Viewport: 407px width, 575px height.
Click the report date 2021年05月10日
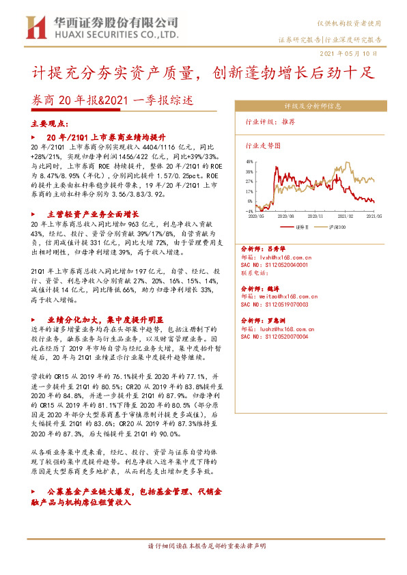[350, 53]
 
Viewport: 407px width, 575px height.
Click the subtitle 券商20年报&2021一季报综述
[113, 100]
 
